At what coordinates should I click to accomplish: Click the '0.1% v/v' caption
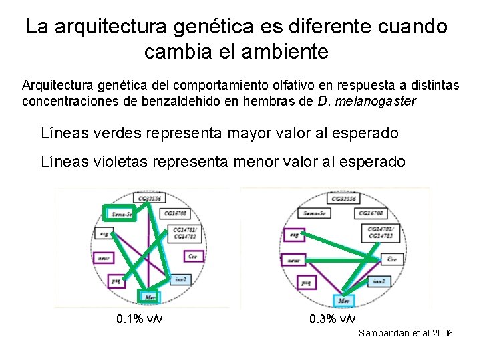(140, 318)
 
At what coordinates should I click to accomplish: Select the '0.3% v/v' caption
(333, 318)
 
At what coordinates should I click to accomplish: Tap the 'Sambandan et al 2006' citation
(406, 333)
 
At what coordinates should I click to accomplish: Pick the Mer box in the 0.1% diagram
(148, 297)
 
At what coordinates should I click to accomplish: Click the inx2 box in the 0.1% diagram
(178, 279)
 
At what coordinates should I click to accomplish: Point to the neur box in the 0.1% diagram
(104, 257)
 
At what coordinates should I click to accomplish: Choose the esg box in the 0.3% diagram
(292, 235)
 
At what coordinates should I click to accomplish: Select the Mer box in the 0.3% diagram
(343, 301)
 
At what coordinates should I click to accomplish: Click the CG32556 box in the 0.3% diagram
(342, 198)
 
